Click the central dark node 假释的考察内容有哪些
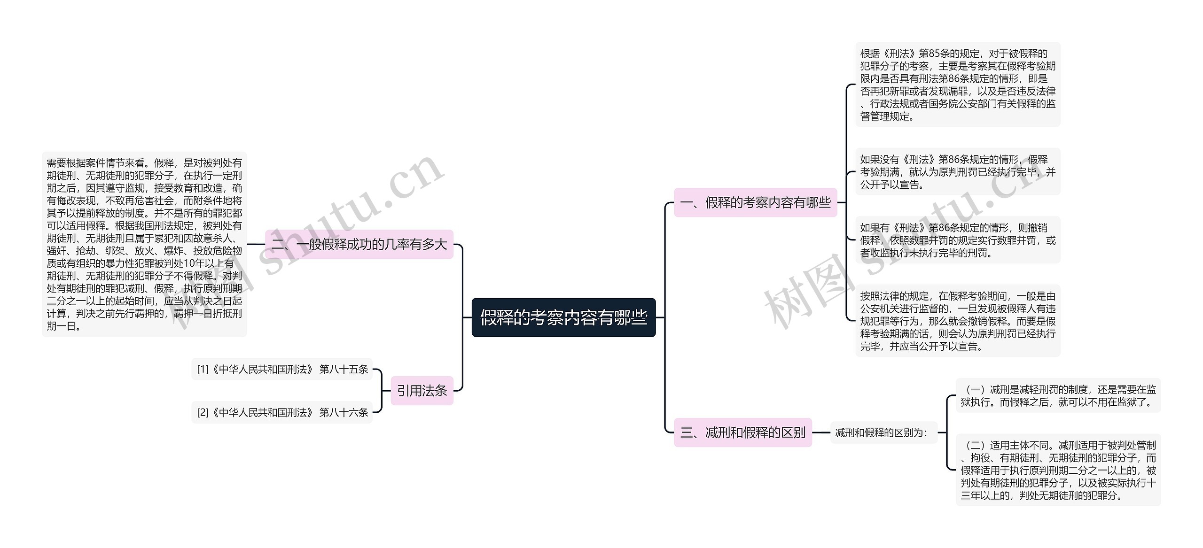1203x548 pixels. pyautogui.click(x=563, y=317)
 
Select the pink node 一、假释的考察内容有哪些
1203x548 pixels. pyautogui.click(x=755, y=202)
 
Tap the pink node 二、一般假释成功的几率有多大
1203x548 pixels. pyautogui.click(x=359, y=244)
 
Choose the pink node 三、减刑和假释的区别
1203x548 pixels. pyautogui.click(x=742, y=432)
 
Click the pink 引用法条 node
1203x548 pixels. pyautogui.click(x=422, y=390)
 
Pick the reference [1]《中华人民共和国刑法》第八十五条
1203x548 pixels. pyautogui.click(x=282, y=369)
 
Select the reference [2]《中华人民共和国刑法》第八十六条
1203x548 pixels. pyautogui.click(x=282, y=412)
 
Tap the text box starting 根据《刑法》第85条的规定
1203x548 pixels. pyautogui.click(x=957, y=85)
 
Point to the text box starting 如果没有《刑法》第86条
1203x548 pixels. pyautogui.click(x=957, y=172)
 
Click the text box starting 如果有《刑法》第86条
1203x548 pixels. pyautogui.click(x=957, y=240)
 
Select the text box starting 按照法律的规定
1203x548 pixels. pyautogui.click(x=957, y=321)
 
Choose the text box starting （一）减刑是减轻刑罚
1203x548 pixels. pyautogui.click(x=1058, y=395)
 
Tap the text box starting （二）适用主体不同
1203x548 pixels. pyautogui.click(x=1058, y=470)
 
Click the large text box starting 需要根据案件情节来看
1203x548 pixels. pyautogui.click(x=144, y=244)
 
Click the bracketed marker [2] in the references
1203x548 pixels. pyautogui.click(x=203, y=412)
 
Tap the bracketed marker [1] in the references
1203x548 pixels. pyautogui.click(x=203, y=369)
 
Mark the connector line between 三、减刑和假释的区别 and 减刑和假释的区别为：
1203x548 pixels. pyautogui.click(x=821, y=432)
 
